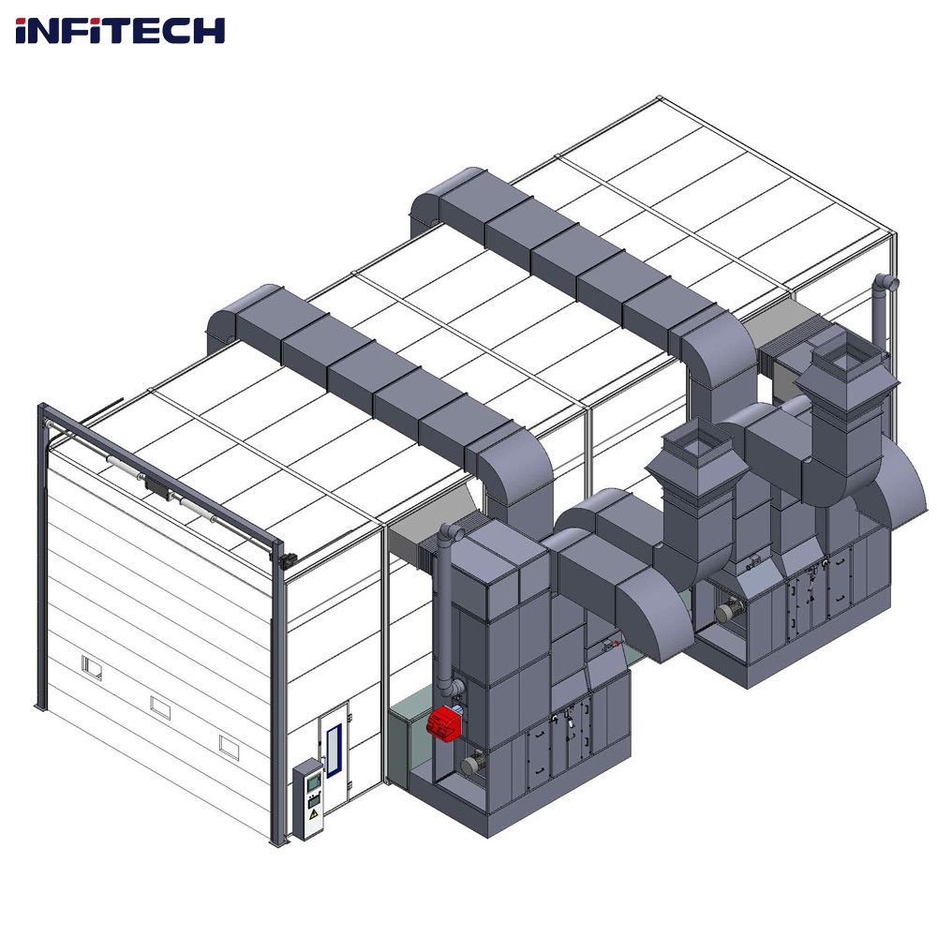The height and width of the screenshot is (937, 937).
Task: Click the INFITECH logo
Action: [x=120, y=31]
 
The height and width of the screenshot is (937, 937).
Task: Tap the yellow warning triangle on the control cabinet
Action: [x=313, y=813]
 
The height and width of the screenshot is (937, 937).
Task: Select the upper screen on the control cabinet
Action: [x=313, y=782]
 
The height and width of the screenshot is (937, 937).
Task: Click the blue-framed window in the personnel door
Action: [x=334, y=750]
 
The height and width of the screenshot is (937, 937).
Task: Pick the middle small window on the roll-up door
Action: [x=160, y=707]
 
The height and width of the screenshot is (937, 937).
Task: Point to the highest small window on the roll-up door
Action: [x=92, y=667]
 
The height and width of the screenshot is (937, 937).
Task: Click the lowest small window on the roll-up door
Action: [x=229, y=747]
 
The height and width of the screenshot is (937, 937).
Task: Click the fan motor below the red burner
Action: [x=472, y=765]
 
